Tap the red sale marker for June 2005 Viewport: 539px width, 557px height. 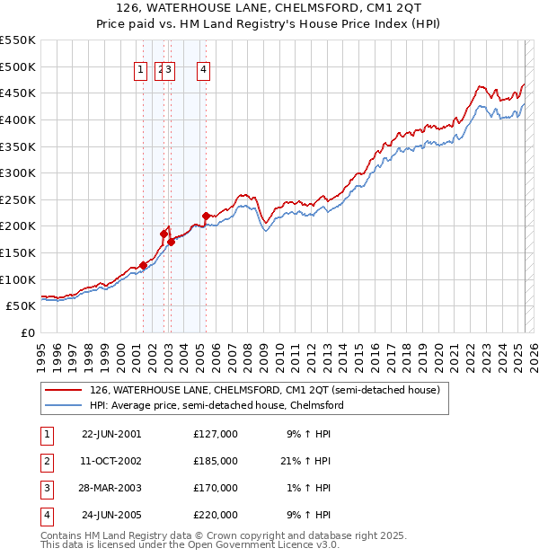point(207,216)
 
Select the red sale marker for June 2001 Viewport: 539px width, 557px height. point(144,265)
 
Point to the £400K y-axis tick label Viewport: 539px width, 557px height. point(18,119)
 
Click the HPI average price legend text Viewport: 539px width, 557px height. point(216,405)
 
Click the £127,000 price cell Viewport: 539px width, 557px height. point(216,434)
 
